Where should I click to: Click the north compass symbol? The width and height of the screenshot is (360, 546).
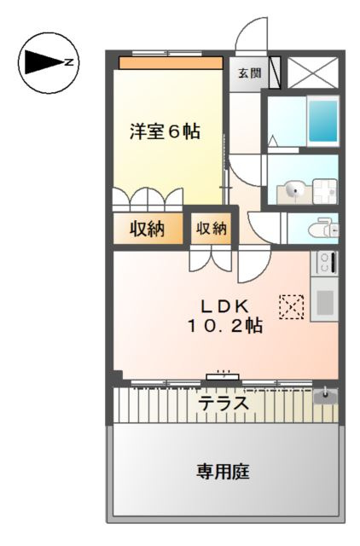tap(49, 63)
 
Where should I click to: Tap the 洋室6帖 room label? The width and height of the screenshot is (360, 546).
tap(165, 131)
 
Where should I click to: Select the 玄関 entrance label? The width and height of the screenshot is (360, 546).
tap(250, 73)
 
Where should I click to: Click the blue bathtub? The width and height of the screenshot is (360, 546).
tap(323, 120)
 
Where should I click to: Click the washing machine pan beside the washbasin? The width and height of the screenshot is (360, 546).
tap(325, 191)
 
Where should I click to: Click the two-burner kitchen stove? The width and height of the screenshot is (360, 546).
tap(324, 262)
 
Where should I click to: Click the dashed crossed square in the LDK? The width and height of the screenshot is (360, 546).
tap(292, 307)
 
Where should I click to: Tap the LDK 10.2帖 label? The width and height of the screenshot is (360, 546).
tap(225, 317)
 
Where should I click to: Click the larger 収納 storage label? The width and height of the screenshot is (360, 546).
tap(148, 229)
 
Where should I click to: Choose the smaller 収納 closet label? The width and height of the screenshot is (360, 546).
tap(212, 228)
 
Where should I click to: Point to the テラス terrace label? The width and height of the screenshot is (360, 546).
tap(224, 404)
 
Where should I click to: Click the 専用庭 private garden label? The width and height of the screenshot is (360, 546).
tap(223, 472)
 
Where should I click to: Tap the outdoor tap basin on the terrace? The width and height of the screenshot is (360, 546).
tap(326, 396)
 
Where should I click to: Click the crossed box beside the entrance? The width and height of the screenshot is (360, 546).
tap(312, 73)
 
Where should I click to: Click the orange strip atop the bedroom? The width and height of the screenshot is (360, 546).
tap(171, 63)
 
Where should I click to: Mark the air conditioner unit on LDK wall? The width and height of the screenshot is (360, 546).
tap(224, 376)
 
